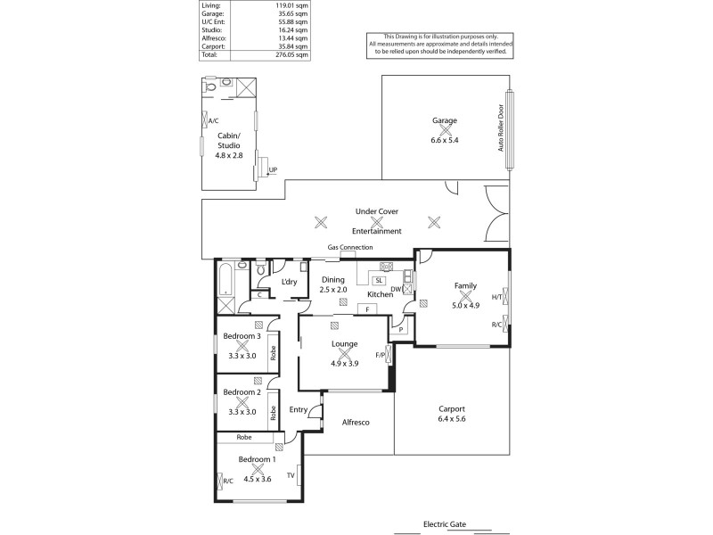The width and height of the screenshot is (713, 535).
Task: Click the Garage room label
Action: pos(445,120)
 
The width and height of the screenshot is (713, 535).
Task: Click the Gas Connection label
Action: pos(350,247)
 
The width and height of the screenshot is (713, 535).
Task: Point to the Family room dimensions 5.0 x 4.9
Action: pos(465,305)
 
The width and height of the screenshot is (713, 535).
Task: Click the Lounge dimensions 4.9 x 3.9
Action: pos(344,363)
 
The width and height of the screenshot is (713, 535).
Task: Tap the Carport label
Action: pos(452,408)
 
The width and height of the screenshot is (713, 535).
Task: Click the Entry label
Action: pos(299,410)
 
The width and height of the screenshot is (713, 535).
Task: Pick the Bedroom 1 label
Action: pos(257,459)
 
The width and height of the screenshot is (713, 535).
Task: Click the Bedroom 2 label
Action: pos(242,392)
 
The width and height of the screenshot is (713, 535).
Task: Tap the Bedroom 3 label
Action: pos(242,336)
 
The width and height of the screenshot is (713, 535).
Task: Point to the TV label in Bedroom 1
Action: pos(291,475)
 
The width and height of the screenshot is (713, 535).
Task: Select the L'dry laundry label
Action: pos(289,282)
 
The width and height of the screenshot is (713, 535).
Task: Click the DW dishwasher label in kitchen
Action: pos(395,289)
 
